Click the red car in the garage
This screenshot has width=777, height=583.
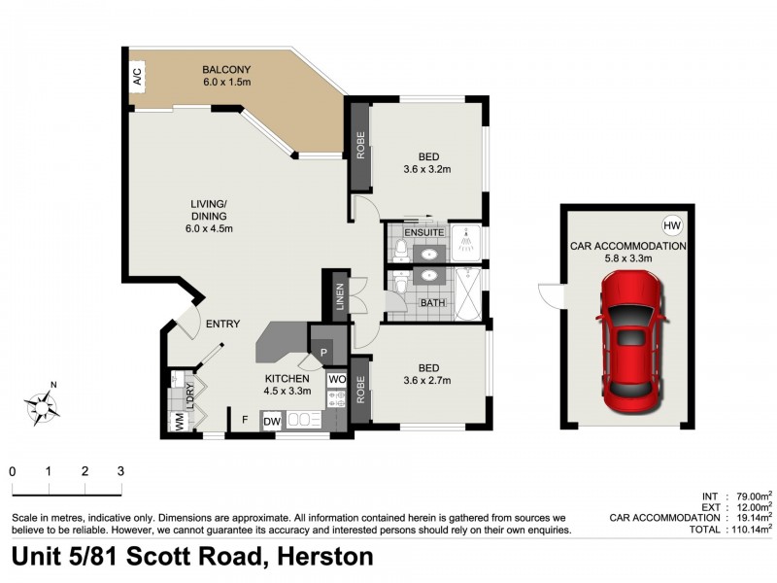[628, 339]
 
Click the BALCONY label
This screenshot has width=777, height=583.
[226, 69]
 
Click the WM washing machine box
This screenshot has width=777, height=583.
[179, 422]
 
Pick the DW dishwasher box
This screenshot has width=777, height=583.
[271, 421]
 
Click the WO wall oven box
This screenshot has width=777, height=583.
[336, 379]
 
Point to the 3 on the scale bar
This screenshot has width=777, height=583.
[120, 471]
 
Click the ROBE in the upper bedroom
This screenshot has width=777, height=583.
[359, 145]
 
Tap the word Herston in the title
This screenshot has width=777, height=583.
[325, 558]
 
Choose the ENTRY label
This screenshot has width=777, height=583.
[222, 325]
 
